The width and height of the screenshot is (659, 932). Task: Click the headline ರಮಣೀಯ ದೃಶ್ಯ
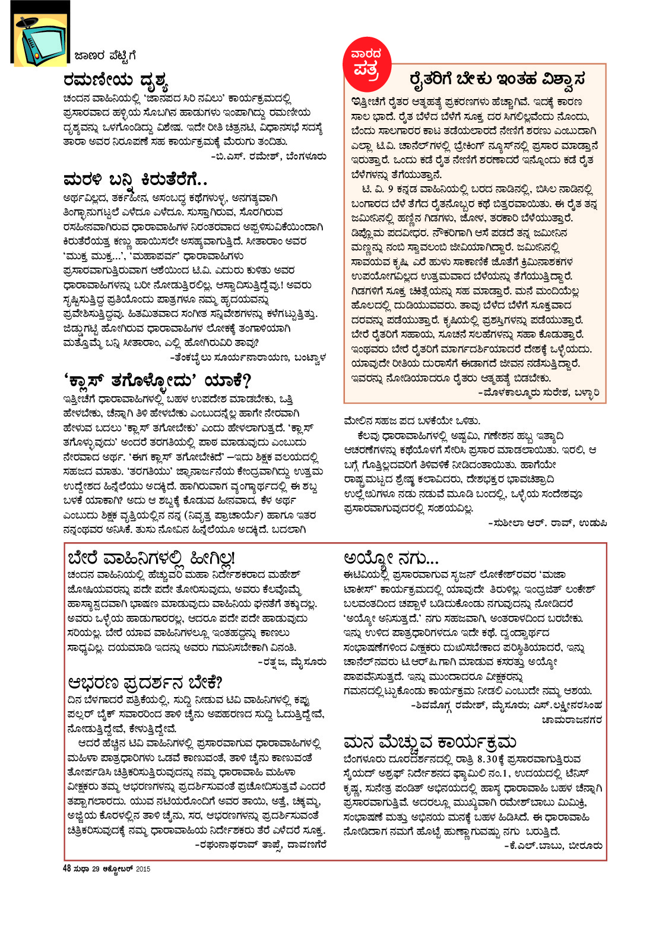116,81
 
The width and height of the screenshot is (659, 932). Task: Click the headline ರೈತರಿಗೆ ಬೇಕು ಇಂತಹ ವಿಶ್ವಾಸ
498,79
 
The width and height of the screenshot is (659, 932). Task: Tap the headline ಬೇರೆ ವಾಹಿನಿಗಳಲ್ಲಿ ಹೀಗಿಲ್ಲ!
151,558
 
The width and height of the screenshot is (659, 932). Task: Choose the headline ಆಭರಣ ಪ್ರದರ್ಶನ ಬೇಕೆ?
145,682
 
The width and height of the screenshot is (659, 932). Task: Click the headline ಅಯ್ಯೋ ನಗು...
391,558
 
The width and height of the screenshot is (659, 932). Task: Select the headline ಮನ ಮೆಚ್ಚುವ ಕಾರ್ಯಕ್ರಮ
430,742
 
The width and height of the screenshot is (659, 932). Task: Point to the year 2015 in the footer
143,869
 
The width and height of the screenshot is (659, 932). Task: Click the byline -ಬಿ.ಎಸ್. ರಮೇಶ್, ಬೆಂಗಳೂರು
268,157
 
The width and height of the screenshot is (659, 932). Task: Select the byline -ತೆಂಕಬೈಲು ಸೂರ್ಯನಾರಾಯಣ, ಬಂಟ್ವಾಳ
248,357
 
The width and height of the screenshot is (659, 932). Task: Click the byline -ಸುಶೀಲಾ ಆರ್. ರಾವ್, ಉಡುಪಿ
547,523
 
